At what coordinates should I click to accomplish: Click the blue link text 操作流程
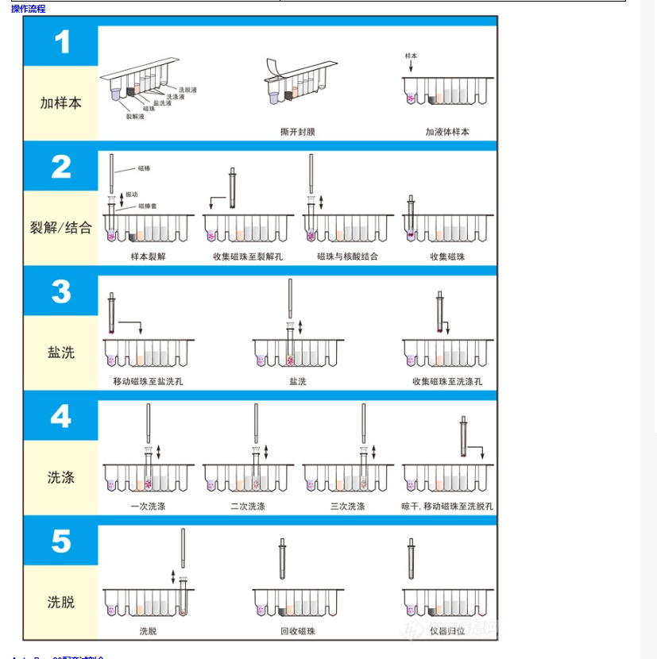pos(29,9)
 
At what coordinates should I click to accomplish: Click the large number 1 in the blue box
pos(61,42)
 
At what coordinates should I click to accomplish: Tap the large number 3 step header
pos(61,291)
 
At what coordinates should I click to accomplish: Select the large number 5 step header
pos(61,541)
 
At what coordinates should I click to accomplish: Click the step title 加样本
pos(61,103)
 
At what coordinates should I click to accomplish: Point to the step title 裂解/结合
pos(61,228)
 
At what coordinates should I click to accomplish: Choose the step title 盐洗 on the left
pos(61,353)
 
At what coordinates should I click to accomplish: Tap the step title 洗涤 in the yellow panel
pos(61,477)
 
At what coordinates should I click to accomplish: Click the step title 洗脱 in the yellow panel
pos(61,602)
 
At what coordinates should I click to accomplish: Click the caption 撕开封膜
pos(298,132)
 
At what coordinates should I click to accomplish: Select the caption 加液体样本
pos(447,132)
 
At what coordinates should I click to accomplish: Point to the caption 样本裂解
pos(148,256)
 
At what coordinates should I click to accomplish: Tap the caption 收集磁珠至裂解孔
pos(248,256)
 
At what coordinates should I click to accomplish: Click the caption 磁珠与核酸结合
pos(347,256)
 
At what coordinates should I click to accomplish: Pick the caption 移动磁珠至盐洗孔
pos(148,381)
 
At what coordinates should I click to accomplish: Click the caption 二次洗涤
pos(248,506)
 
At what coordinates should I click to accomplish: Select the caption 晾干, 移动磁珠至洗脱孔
pos(447,506)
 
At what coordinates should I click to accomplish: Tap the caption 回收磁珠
pos(298,631)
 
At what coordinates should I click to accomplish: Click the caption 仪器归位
pos(447,631)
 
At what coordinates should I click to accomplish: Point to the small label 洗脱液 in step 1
pos(187,90)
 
